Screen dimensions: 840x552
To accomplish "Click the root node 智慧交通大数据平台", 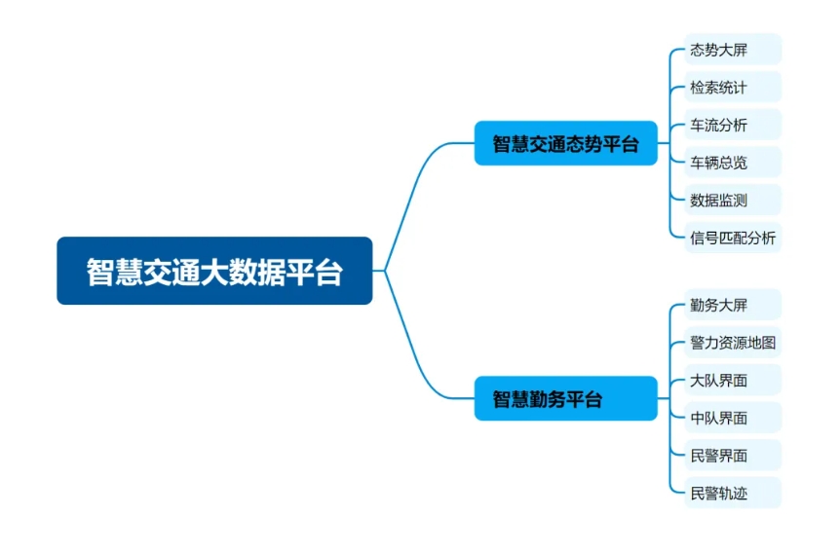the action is click(214, 271).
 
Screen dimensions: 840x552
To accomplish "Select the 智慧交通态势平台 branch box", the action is click(566, 143).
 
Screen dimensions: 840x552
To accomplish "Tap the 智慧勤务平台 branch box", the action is click(566, 398).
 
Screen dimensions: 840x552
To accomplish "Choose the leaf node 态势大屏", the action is click(733, 50).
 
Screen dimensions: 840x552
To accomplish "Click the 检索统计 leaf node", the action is click(733, 87).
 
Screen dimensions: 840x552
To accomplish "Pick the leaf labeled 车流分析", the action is click(733, 125).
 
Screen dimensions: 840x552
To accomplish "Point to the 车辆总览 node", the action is click(733, 163).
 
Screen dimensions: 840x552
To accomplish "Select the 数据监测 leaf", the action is click(733, 200).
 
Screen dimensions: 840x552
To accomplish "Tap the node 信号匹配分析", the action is click(733, 238).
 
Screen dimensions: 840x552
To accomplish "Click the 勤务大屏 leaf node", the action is click(733, 305).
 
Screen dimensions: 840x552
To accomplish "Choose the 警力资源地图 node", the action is click(733, 342).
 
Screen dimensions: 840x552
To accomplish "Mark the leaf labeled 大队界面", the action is click(733, 380).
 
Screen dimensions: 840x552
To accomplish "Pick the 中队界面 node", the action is click(733, 418).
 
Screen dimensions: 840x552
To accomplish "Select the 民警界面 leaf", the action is click(733, 455).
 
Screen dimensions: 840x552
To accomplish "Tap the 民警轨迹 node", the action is click(733, 493).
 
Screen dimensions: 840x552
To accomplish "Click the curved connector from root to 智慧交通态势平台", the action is click(413, 198).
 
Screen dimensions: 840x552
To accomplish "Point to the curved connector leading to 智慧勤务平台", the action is click(413, 344).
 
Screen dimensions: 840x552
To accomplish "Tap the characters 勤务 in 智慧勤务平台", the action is click(548, 399).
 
